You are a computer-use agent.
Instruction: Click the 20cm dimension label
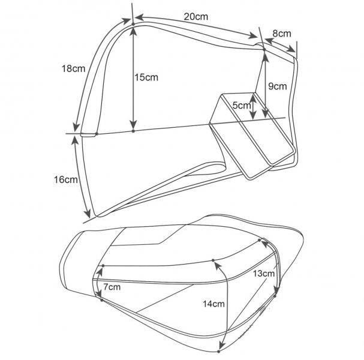(196, 17)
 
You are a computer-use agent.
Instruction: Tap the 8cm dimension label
(282, 34)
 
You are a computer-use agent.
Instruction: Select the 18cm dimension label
(73, 69)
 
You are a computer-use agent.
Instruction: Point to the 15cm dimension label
(146, 77)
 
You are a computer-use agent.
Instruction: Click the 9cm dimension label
(278, 86)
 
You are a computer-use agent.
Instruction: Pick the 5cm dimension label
(242, 106)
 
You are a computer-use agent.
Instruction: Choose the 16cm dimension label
(66, 179)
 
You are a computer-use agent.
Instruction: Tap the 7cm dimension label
(112, 287)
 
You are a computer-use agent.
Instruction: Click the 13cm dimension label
(263, 274)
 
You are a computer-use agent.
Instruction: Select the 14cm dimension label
(213, 304)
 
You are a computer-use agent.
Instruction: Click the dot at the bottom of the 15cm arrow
(133, 131)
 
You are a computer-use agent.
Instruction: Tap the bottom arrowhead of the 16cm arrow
(88, 213)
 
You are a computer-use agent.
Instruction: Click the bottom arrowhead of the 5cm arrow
(253, 115)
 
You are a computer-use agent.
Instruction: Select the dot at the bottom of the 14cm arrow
(218, 352)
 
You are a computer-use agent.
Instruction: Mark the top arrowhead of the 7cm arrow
(101, 271)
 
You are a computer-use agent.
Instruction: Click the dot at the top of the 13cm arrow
(260, 240)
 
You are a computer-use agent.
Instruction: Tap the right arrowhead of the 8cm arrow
(291, 49)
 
